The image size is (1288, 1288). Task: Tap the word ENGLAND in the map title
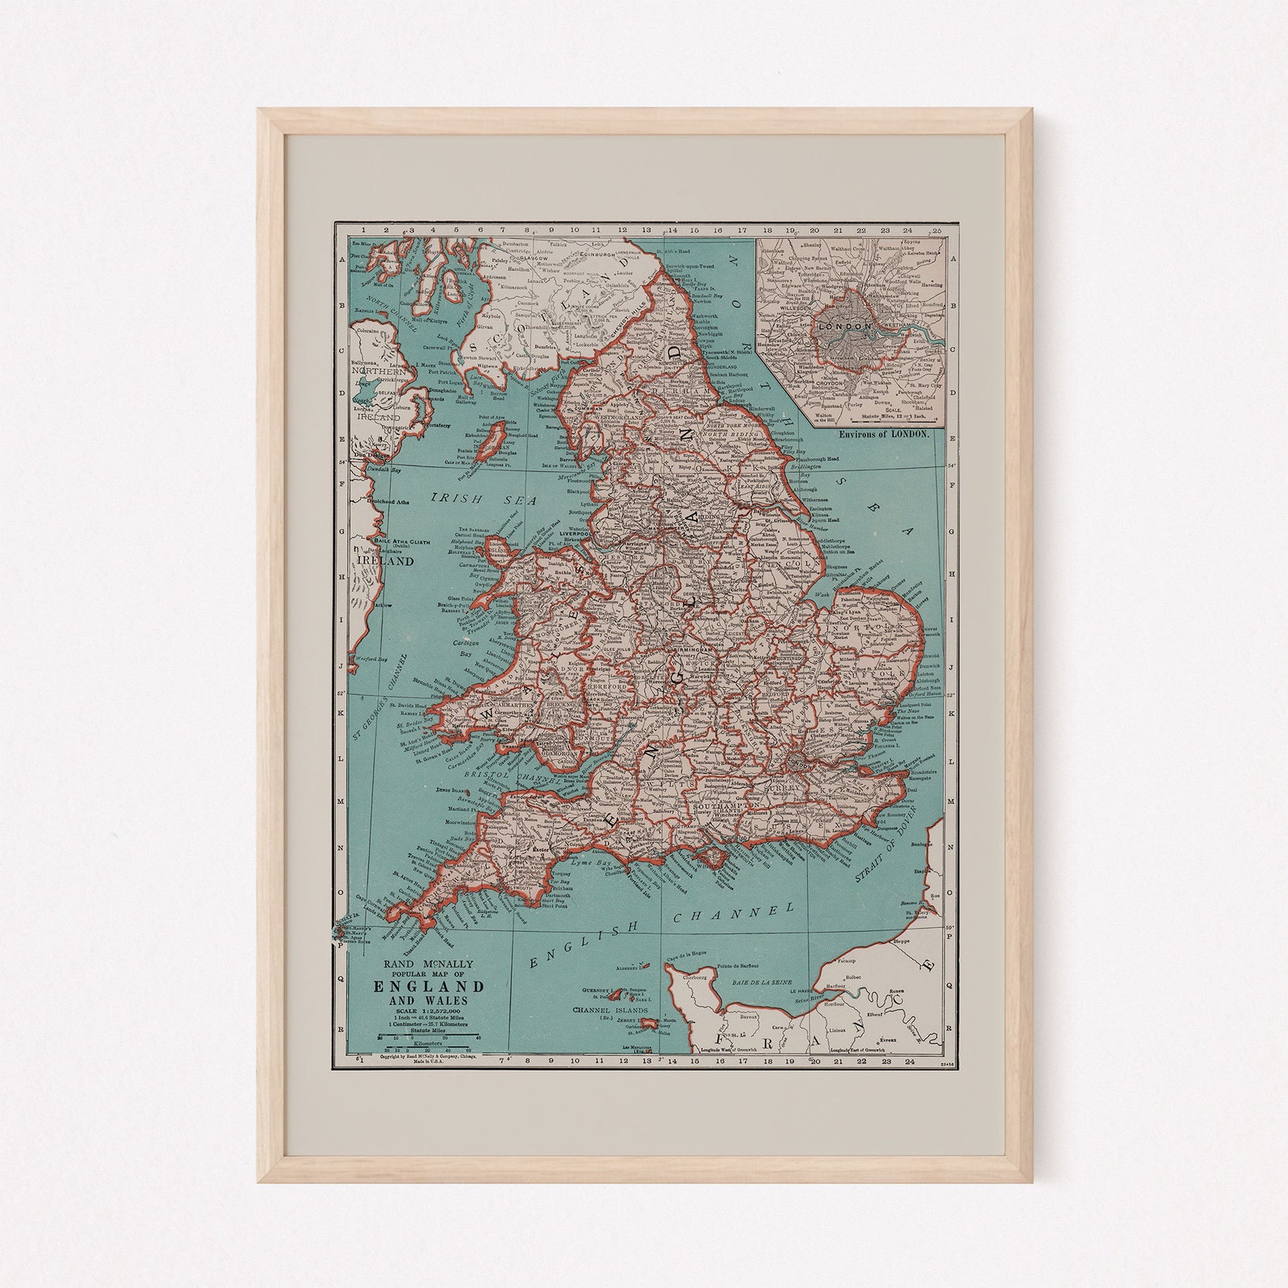click(428, 986)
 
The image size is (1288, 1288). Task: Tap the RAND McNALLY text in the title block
click(428, 964)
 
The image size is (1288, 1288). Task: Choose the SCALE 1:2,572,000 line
click(428, 1011)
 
